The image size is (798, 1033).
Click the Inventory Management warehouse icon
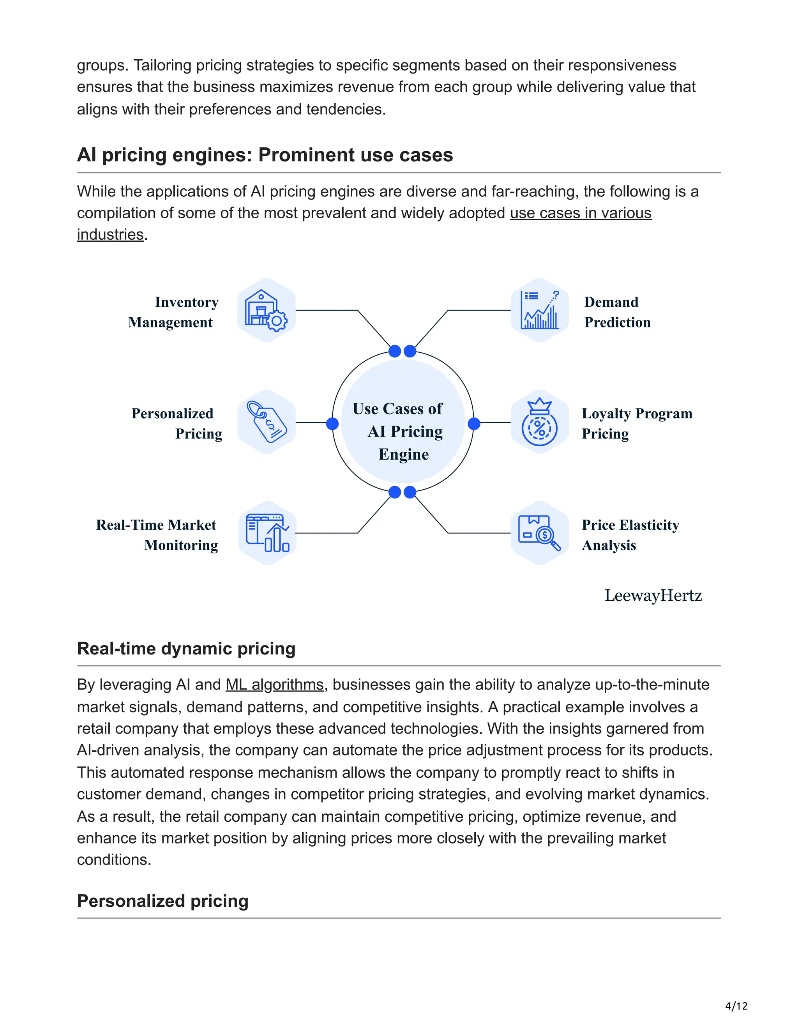click(266, 310)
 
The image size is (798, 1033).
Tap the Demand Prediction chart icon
click(539, 310)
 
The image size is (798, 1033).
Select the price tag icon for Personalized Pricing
click(266, 422)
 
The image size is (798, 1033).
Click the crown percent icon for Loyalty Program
click(539, 422)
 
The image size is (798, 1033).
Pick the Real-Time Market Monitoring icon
click(267, 533)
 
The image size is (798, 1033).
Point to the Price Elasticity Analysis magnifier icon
click(539, 533)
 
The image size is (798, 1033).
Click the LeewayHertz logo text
click(653, 596)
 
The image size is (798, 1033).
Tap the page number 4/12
click(736, 1006)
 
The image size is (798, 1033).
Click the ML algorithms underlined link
click(274, 685)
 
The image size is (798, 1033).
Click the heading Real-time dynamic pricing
click(186, 649)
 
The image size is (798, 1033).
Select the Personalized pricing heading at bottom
click(162, 901)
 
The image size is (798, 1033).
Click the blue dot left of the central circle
click(332, 423)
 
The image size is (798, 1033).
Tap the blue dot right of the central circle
click(474, 423)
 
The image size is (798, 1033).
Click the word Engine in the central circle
click(404, 455)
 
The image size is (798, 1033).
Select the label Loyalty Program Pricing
click(636, 423)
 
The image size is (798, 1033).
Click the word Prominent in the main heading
click(306, 155)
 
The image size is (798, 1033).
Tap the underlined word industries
click(110, 235)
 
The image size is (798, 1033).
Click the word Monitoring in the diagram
click(181, 545)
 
